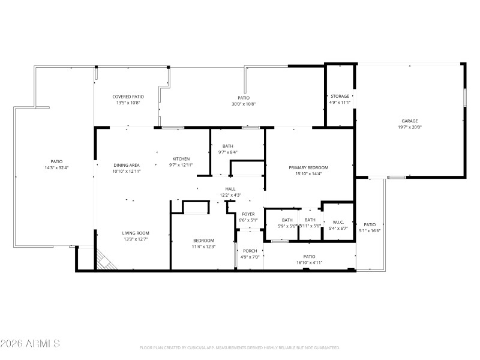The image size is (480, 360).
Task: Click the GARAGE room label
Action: [x=410, y=121]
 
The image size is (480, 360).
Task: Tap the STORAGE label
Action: [x=340, y=96]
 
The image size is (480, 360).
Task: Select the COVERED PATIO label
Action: [x=128, y=96]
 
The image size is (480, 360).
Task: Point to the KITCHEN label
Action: [x=181, y=158]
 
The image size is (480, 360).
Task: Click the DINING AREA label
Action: [x=127, y=165]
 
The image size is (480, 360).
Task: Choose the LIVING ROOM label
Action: [x=136, y=233]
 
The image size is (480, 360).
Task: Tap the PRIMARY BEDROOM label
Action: [x=308, y=167]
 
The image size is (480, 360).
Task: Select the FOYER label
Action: [x=248, y=214]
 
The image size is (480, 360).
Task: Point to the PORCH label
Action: [x=249, y=251]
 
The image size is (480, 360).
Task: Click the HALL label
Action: [x=230, y=188]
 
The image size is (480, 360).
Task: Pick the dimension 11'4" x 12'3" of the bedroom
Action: [x=203, y=247]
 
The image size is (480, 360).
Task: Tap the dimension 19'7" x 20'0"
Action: [x=410, y=127]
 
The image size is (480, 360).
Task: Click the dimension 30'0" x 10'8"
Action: [x=243, y=104]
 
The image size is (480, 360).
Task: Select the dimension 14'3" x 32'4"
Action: [x=56, y=168]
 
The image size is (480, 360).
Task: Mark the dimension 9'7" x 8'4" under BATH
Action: [x=227, y=152]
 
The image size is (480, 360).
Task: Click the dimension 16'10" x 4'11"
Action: [x=309, y=262]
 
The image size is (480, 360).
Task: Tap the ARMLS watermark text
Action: [x=30, y=344]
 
